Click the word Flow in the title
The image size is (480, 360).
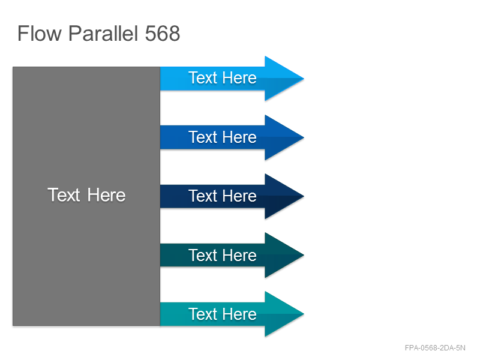[40, 34]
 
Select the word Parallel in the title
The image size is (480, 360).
[103, 34]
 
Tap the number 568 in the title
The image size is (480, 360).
[162, 34]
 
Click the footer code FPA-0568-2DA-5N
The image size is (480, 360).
[435, 348]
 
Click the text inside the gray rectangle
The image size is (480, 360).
[86, 195]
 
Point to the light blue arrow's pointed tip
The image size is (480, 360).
[304, 79]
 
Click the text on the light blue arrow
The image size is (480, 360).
[223, 78]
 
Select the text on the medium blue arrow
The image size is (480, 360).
[223, 137]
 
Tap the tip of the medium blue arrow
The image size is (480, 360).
[304, 137]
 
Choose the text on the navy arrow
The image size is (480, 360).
[223, 196]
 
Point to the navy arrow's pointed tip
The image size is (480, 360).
[304, 196]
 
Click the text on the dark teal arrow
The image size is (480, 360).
[223, 255]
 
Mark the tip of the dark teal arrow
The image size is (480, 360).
[304, 255]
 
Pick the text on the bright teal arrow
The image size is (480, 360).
[223, 314]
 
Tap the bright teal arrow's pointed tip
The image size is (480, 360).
[304, 314]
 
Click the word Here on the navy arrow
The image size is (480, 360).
[239, 196]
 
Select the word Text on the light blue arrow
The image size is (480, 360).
[203, 78]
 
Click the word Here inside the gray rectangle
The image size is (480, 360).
[106, 195]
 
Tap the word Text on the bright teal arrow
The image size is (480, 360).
[203, 314]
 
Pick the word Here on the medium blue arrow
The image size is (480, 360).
[239, 137]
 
